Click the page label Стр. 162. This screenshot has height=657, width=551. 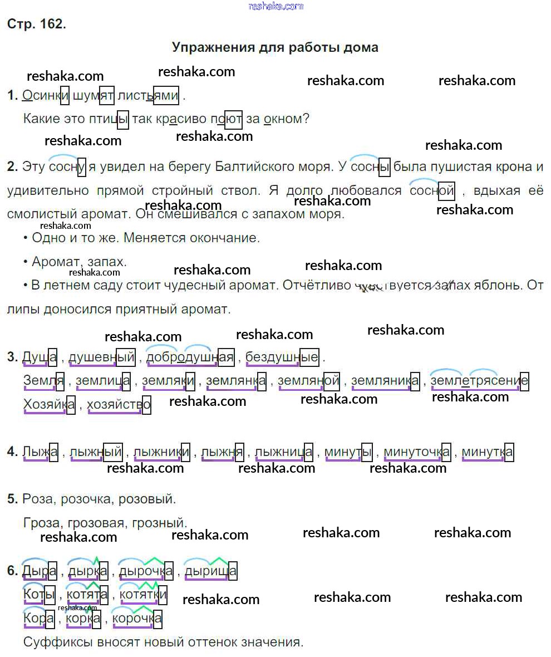pyautogui.click(x=37, y=24)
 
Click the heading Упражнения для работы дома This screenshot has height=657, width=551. pyautogui.click(x=275, y=47)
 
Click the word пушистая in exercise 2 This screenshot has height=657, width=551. pyautogui.click(x=456, y=166)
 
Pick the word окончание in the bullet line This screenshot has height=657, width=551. pyautogui.click(x=228, y=238)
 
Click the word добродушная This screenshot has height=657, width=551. pyautogui.click(x=190, y=357)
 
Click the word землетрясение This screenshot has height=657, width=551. pyautogui.click(x=479, y=381)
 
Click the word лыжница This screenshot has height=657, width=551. pyautogui.click(x=284, y=452)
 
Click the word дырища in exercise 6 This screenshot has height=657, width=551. pyautogui.click(x=210, y=571)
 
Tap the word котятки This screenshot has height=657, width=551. pyautogui.click(x=144, y=595)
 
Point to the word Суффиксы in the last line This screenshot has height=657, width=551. pyautogui.click(x=57, y=642)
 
